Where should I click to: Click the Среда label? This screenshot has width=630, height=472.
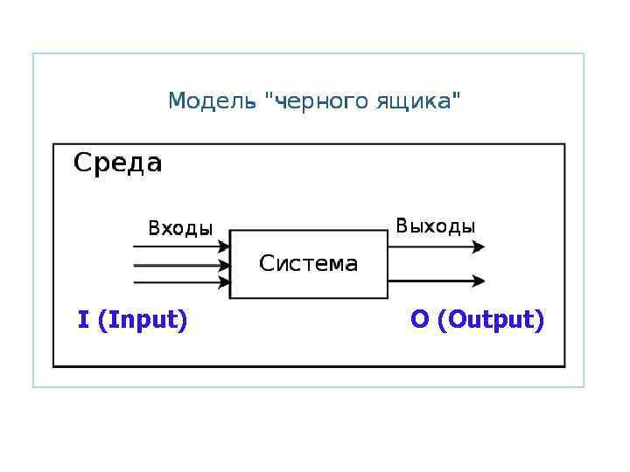point(117,163)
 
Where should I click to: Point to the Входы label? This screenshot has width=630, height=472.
point(179,229)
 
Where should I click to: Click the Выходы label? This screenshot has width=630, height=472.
point(435,226)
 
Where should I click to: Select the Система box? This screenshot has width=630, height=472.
point(308,264)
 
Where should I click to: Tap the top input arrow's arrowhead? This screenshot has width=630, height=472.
point(224,246)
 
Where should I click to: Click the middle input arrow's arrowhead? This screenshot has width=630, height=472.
point(224,265)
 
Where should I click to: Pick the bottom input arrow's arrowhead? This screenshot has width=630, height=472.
point(224,282)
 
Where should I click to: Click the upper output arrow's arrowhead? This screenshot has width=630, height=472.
point(478,247)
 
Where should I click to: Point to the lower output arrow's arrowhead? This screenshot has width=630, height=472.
point(478,281)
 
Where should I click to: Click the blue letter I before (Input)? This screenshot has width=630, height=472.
point(84,320)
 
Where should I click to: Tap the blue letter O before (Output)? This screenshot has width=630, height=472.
point(420,320)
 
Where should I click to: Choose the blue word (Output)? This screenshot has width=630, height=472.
point(490,321)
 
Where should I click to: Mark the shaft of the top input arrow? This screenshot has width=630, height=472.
point(175,246)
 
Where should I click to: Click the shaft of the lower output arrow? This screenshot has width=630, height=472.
point(429,281)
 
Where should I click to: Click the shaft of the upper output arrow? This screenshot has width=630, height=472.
point(429,247)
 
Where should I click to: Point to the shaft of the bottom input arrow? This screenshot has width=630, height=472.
point(175,282)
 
